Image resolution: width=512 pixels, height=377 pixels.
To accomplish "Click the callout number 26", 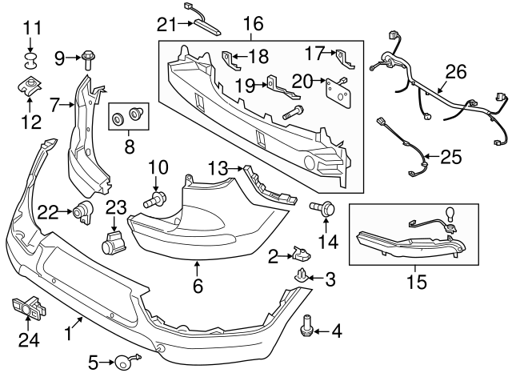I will pos(455,73).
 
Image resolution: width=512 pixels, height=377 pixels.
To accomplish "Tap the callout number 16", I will pos(253,24).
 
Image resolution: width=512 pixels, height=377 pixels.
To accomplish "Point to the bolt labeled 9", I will pos(88,58).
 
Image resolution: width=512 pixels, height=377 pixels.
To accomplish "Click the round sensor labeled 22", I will pos(82,213).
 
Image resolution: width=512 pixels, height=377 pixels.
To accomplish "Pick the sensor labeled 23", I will pos(114,242).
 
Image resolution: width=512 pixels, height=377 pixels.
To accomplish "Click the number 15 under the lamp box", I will pos(416,282).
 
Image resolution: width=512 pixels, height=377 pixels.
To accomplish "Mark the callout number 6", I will pos(197,284).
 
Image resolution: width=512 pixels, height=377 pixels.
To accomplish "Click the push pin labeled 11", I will pos(31,58).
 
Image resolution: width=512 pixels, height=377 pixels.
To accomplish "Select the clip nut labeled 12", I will pos(29,88).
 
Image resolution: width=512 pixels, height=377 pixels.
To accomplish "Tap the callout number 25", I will pos(451,156).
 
